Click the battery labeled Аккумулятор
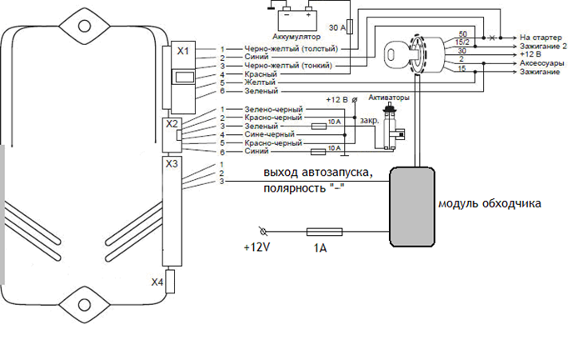coord(298,20)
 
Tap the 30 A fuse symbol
coord(350,27)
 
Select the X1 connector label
coord(182,51)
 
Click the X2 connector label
coord(172,124)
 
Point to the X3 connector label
coord(172,163)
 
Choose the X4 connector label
coord(157,282)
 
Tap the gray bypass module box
coord(412,207)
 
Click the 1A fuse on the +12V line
coord(324,232)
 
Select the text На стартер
coord(541,37)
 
